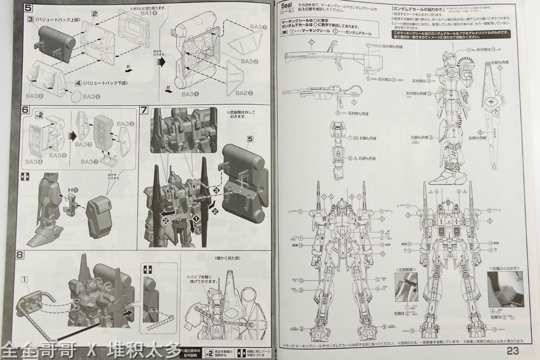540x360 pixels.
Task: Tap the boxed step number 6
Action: pos(25,109)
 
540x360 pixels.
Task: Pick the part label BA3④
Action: pos(33,161)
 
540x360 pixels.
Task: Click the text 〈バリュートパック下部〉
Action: pos(105,83)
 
